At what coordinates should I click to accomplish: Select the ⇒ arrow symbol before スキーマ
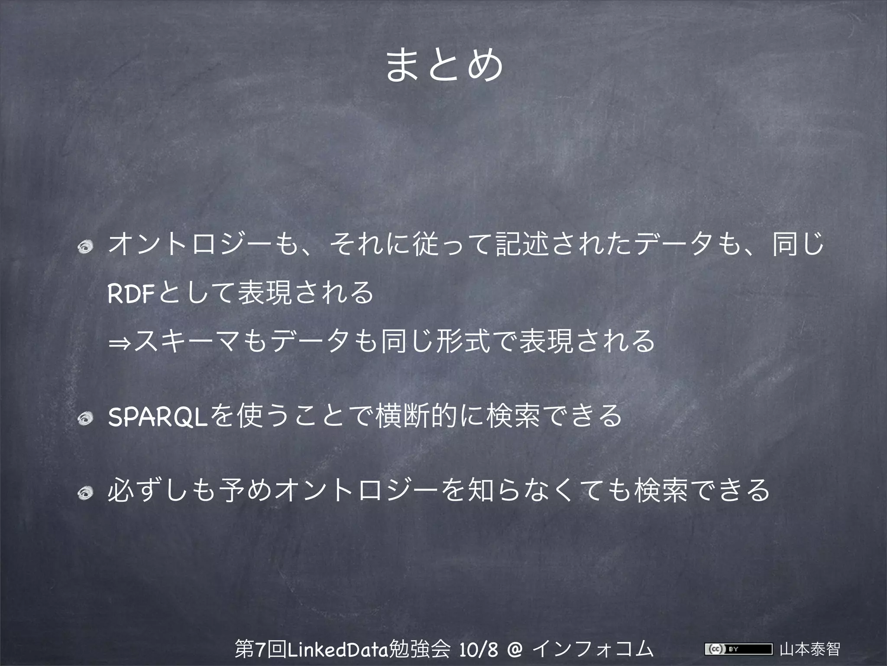click(120, 343)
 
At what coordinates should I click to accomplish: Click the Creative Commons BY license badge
click(738, 649)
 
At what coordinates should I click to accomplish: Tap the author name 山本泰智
click(809, 649)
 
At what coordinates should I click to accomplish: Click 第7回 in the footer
click(260, 649)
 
